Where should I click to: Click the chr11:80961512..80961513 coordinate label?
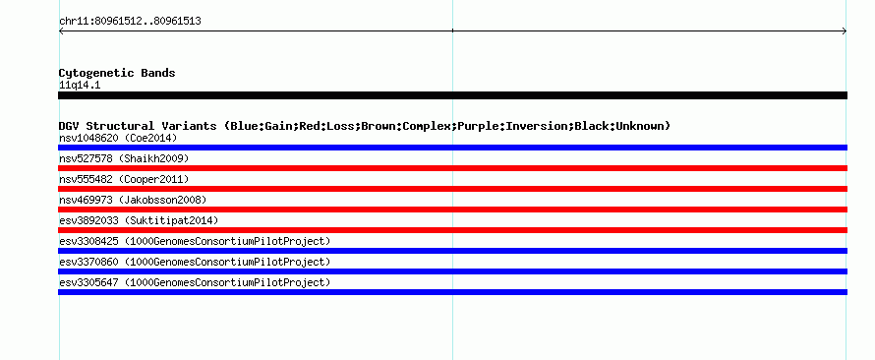(x=130, y=22)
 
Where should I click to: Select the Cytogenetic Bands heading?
(x=117, y=73)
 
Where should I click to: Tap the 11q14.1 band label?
(x=80, y=86)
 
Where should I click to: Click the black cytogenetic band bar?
(x=452, y=95)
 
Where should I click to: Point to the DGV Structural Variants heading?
(x=365, y=126)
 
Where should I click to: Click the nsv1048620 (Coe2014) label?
(x=118, y=138)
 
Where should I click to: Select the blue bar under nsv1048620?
(x=452, y=148)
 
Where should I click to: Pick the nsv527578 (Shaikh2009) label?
(x=124, y=158)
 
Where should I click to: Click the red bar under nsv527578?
(x=452, y=168)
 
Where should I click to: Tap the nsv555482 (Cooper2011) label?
(x=124, y=179)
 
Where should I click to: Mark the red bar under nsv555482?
(x=452, y=189)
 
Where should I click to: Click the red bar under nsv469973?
(x=452, y=210)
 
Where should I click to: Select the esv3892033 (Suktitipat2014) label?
(x=139, y=220)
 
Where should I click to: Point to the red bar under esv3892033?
(x=452, y=230)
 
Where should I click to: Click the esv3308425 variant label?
(x=195, y=241)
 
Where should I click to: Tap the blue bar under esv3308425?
(x=452, y=251)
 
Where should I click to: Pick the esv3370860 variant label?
(x=195, y=262)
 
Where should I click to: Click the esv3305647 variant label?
(x=195, y=282)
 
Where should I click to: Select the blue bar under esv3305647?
(x=452, y=292)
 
